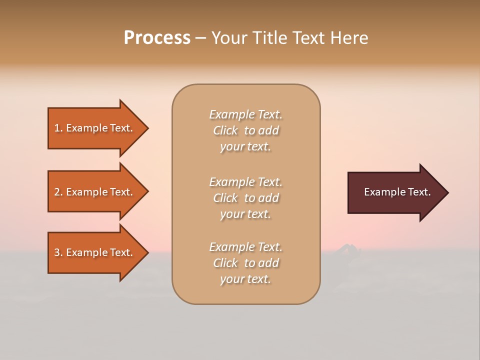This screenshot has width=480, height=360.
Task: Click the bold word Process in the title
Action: tap(157, 38)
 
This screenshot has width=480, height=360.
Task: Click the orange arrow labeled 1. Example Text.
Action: tap(95, 128)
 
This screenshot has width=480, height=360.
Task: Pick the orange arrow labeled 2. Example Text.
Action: tap(95, 192)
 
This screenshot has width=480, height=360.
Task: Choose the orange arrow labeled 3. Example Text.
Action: tap(95, 252)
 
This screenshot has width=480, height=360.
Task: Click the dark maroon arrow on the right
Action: tap(395, 192)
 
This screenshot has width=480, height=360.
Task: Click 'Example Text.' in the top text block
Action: tap(245, 114)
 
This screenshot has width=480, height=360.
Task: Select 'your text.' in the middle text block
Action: tap(245, 214)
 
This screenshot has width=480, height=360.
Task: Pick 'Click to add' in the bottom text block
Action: tap(245, 263)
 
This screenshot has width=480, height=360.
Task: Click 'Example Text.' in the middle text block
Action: tap(245, 182)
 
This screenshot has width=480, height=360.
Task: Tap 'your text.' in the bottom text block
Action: tap(245, 279)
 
